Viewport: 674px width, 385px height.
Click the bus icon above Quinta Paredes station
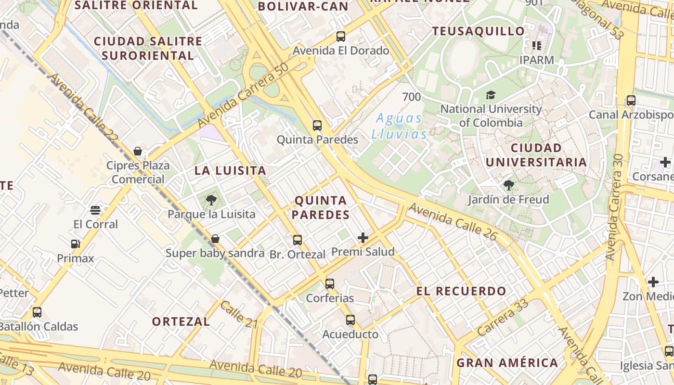pyautogui.click(x=317, y=126)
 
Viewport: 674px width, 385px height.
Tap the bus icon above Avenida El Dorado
pyautogui.click(x=341, y=36)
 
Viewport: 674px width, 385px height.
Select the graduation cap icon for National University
pyautogui.click(x=491, y=95)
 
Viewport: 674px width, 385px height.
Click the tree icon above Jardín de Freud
pyautogui.click(x=508, y=185)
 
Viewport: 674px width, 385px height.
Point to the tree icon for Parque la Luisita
pyautogui.click(x=211, y=200)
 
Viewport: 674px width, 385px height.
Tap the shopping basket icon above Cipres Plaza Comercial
pyautogui.click(x=138, y=152)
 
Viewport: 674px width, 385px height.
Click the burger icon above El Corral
pyautogui.click(x=95, y=210)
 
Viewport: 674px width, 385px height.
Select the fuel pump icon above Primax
pyautogui.click(x=75, y=244)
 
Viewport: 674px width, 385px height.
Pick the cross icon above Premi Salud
pyautogui.click(x=363, y=237)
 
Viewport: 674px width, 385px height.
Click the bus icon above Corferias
pyautogui.click(x=330, y=284)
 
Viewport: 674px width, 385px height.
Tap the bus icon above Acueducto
pyautogui.click(x=350, y=320)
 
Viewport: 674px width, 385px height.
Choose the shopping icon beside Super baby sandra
pyautogui.click(x=215, y=239)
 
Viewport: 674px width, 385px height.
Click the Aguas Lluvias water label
pyautogui.click(x=399, y=126)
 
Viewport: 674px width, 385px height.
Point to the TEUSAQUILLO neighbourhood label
pyautogui.click(x=478, y=32)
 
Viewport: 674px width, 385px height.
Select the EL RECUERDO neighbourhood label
pyautogui.click(x=461, y=291)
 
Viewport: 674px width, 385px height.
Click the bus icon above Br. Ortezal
pyautogui.click(x=298, y=240)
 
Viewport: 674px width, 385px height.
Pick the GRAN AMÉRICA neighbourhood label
pyautogui.click(x=507, y=363)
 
